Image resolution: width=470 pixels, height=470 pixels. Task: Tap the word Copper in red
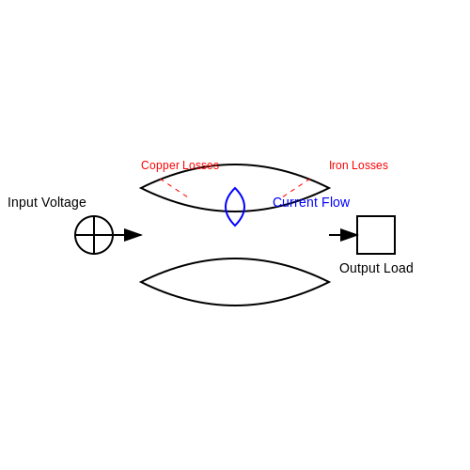(160, 165)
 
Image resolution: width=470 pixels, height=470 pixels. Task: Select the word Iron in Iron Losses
(337, 165)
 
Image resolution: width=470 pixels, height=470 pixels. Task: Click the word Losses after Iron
(368, 165)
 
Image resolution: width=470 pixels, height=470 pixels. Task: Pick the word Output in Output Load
(359, 268)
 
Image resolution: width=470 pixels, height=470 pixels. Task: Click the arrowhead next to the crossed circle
(133, 235)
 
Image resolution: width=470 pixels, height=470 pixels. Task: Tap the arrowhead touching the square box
(349, 235)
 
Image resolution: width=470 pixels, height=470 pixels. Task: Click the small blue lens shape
(226, 207)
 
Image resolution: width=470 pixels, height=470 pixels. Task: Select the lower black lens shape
(235, 258)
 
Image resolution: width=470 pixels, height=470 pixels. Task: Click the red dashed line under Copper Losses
(174, 188)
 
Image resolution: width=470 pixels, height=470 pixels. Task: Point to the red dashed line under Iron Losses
(296, 188)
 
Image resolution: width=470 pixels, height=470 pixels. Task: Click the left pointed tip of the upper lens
(141, 188)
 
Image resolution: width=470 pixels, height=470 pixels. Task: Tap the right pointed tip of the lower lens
(329, 282)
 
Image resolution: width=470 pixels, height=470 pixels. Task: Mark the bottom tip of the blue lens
(235, 226)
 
